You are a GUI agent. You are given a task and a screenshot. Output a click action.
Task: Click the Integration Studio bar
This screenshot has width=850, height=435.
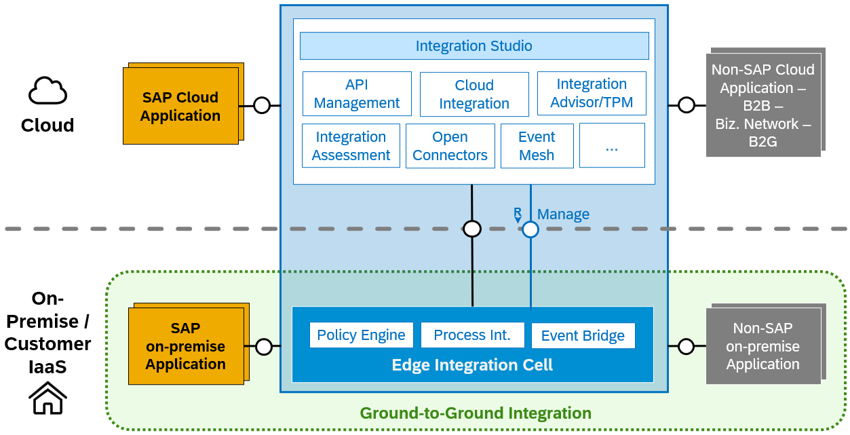(474, 46)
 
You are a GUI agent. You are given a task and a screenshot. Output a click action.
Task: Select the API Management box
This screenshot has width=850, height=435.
(357, 94)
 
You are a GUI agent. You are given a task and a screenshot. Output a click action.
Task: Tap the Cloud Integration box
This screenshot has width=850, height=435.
(474, 94)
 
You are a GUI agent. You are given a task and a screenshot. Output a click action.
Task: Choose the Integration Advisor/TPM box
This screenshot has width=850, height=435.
(592, 94)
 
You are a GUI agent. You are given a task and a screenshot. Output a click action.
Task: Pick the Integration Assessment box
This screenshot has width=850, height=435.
(351, 146)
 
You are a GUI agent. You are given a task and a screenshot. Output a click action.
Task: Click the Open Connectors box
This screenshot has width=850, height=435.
(450, 146)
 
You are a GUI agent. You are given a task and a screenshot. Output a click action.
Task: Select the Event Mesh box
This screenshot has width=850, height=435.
(537, 146)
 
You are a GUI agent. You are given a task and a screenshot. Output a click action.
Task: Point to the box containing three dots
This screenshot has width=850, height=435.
(612, 146)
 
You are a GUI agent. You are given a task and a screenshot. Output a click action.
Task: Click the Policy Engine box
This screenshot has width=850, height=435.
(361, 335)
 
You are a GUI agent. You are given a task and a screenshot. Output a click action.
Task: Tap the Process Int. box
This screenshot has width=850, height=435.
(472, 335)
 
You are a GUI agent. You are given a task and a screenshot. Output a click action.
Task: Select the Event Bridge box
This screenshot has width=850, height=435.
(583, 336)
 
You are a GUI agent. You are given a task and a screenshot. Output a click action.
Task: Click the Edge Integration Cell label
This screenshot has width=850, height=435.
(472, 365)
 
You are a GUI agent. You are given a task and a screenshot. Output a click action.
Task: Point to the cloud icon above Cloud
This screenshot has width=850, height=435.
(47, 91)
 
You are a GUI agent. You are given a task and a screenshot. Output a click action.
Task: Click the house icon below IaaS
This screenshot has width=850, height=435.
(47, 398)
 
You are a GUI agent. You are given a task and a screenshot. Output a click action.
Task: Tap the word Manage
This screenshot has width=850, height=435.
(563, 214)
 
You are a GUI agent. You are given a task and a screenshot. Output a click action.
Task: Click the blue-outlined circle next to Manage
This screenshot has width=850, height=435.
(530, 229)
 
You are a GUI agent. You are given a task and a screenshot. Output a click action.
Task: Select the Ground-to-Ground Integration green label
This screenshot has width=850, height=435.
(476, 413)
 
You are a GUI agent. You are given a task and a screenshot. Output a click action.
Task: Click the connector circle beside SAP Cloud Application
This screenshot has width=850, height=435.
(262, 105)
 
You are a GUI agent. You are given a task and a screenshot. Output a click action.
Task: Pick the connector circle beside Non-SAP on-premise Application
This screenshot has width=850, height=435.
(686, 347)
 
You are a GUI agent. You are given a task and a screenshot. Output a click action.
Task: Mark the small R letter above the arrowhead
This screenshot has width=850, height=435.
(517, 211)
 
